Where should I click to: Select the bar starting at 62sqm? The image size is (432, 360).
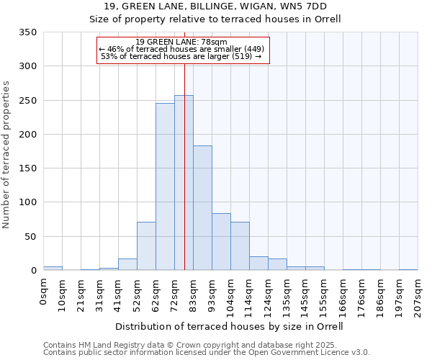point(165,186)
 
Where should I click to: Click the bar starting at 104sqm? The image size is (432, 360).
point(240,246)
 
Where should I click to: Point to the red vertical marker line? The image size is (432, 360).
point(184,144)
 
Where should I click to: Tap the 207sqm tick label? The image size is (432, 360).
point(418,296)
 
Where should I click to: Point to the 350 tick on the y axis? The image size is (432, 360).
point(27,32)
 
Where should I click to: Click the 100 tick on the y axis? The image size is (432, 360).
point(27,202)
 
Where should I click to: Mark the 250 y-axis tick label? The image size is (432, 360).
point(27,101)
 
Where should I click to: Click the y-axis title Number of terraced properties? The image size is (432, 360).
point(7,155)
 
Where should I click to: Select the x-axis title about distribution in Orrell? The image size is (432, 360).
point(230,327)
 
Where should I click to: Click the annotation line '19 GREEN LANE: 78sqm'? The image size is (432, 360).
point(181,42)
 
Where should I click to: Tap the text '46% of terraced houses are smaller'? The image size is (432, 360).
point(182,49)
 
